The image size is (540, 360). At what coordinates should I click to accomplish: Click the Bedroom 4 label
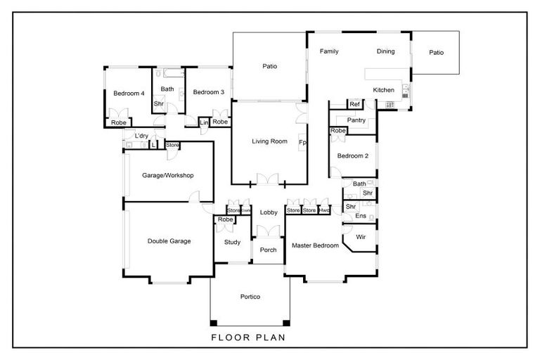(129, 93)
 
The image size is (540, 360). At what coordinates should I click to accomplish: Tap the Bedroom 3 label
(209, 92)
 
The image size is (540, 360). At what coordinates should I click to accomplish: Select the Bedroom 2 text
(353, 156)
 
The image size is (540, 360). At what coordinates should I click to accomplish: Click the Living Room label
(269, 141)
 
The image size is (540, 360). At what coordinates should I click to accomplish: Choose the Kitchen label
(383, 90)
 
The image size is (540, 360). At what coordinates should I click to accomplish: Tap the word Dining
(385, 51)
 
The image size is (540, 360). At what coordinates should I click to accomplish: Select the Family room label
(329, 51)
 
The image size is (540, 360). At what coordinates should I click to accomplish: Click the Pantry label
(356, 120)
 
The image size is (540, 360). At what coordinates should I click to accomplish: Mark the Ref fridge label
(354, 105)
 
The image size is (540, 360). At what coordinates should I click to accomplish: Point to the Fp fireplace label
(302, 143)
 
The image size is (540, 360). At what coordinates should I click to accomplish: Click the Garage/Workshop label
(167, 176)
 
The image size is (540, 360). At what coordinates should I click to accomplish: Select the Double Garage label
(169, 241)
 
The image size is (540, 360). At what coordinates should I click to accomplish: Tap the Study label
(232, 243)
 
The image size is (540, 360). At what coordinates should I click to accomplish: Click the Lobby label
(269, 212)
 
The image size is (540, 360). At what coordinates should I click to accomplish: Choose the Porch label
(268, 250)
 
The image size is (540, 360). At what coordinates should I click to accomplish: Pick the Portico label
(250, 297)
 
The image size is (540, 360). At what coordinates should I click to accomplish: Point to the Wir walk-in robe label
(361, 237)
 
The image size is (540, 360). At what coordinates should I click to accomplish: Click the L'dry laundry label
(141, 136)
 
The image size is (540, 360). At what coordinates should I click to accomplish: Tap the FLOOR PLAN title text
(250, 337)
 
